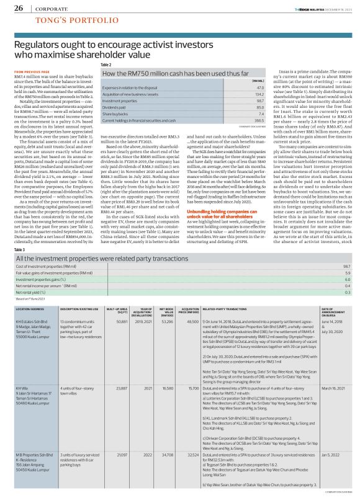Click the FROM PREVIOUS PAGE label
pos(30,72)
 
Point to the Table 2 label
pos(106,65)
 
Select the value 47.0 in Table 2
pos(243,88)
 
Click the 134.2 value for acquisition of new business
pos(241,95)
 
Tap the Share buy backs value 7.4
pos(243,115)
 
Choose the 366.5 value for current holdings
pos(241,122)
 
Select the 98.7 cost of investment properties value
pos(347,231)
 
